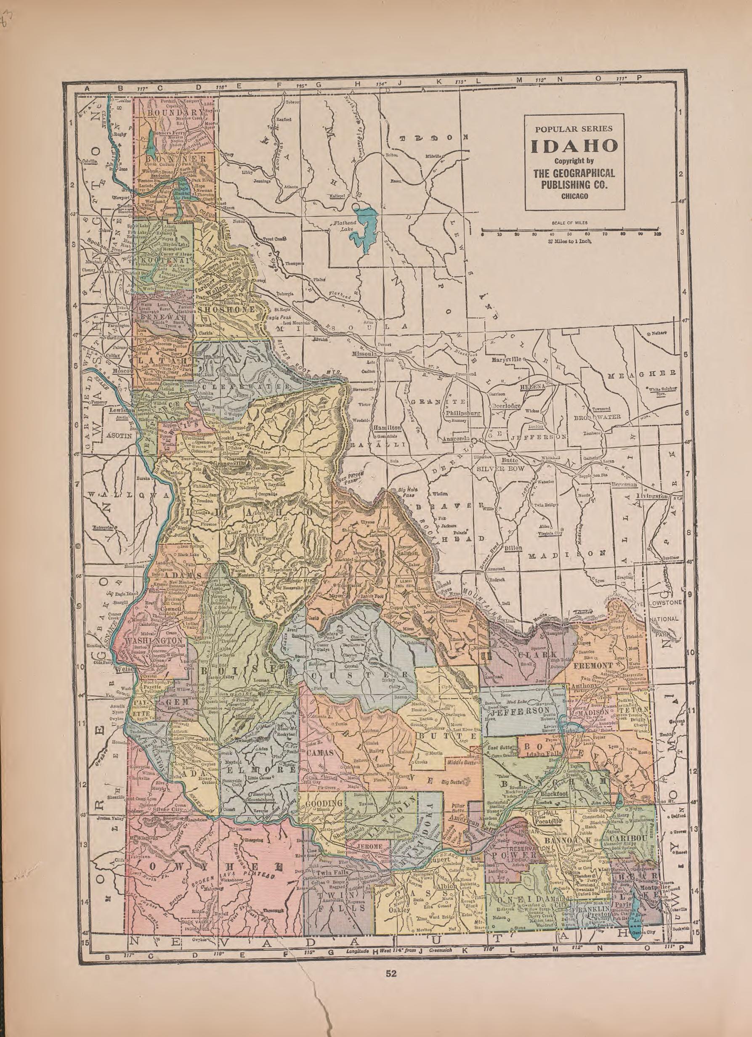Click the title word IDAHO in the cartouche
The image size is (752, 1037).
574,147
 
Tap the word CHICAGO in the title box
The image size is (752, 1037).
574,196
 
